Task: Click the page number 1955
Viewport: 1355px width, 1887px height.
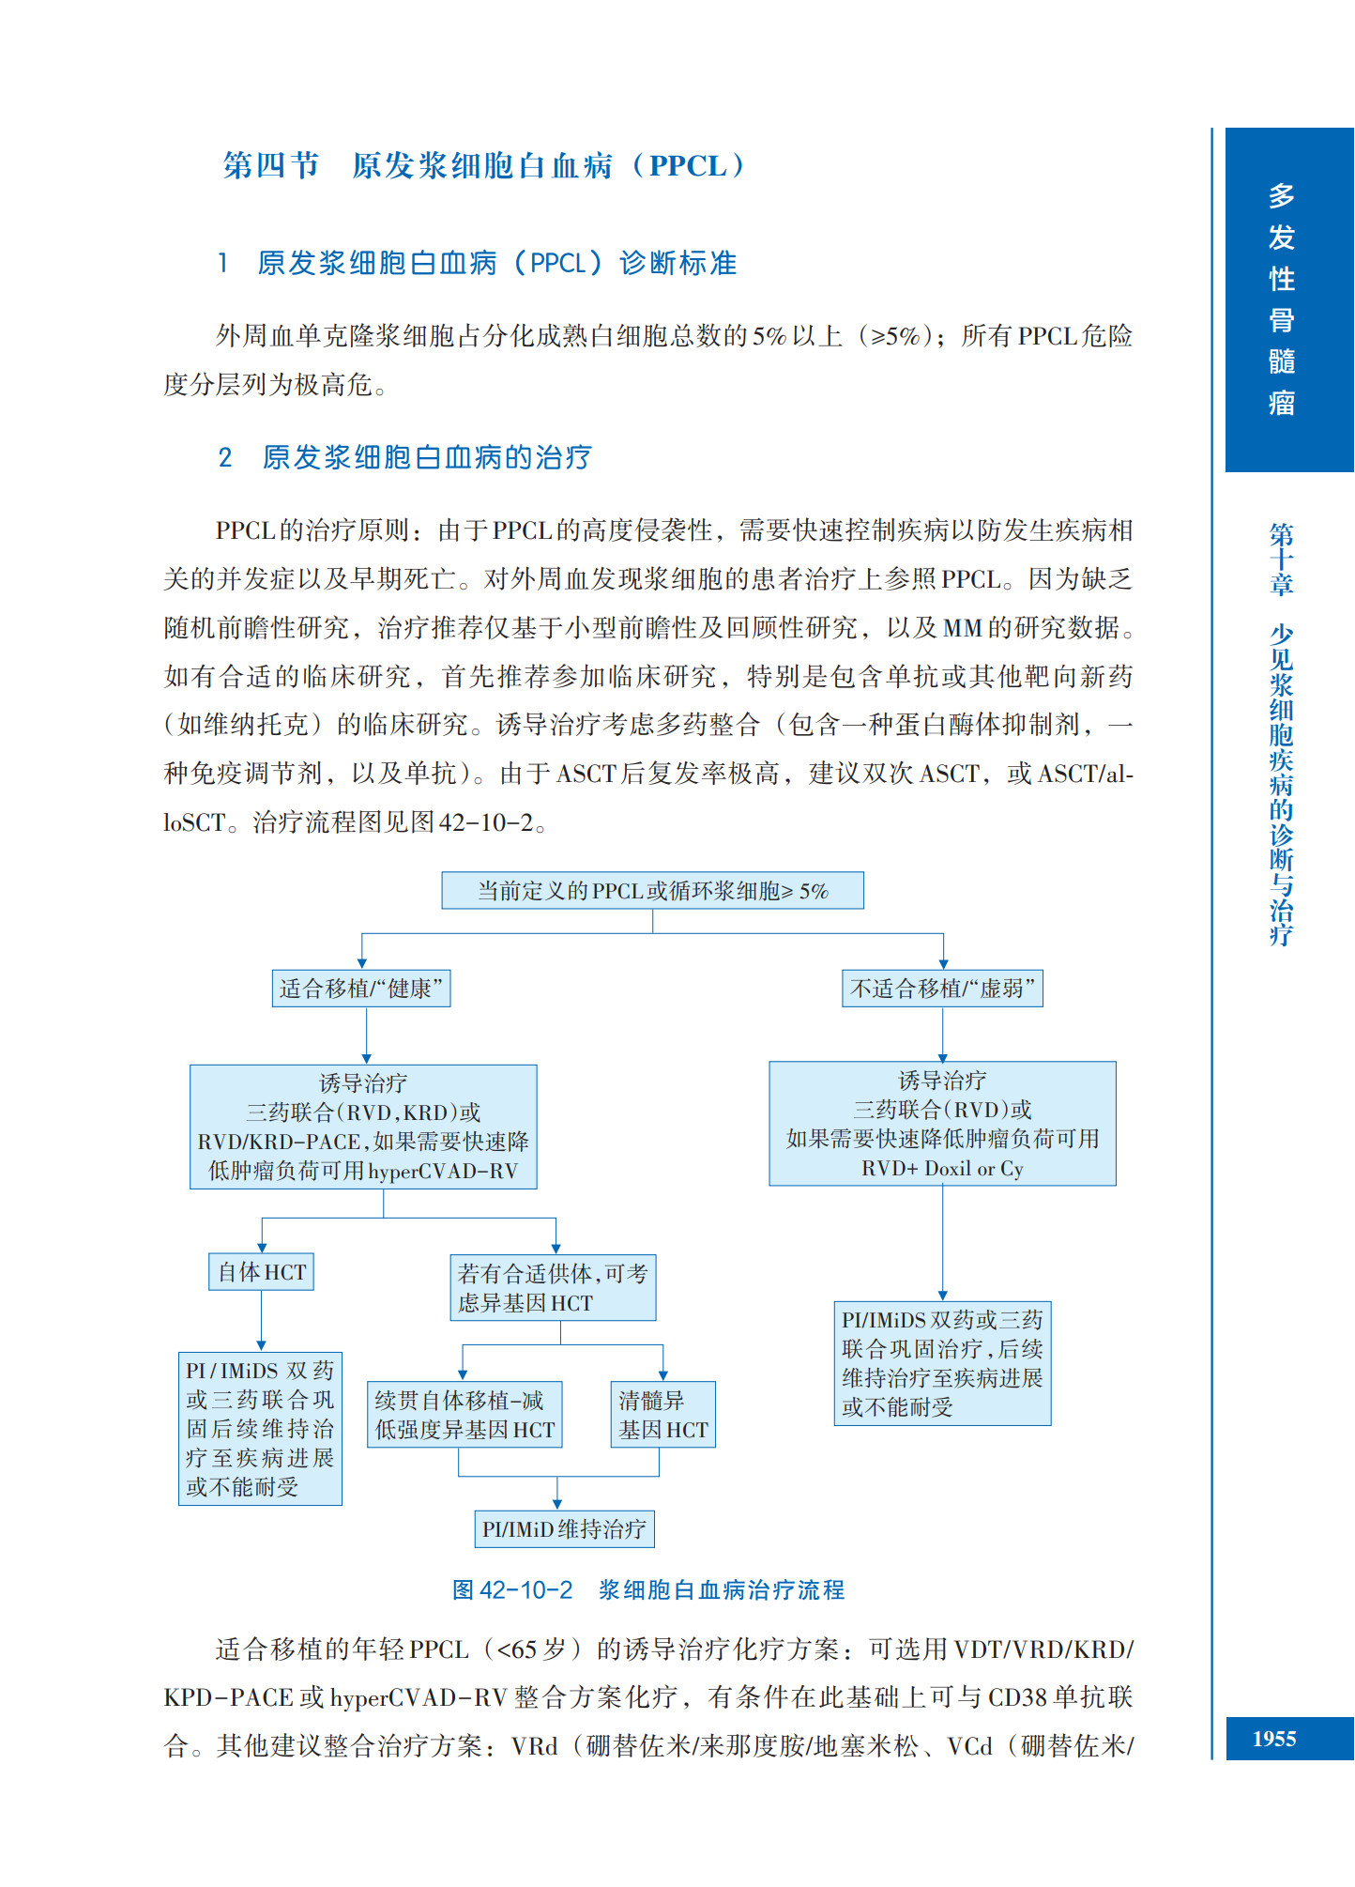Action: (1273, 1739)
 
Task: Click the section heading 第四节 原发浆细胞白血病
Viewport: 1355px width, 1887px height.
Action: (483, 166)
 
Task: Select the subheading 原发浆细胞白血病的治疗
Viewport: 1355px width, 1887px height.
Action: (426, 457)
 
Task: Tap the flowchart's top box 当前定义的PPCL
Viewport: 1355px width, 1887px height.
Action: (652, 890)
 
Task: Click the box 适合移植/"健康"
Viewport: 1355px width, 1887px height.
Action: (360, 989)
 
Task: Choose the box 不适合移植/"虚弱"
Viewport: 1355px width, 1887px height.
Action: (942, 989)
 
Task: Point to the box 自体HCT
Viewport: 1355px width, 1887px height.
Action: (261, 1272)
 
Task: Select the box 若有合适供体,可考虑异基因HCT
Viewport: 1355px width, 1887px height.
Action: (553, 1288)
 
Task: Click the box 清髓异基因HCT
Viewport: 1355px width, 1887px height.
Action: (662, 1415)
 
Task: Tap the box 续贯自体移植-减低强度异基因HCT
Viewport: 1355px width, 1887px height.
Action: (464, 1415)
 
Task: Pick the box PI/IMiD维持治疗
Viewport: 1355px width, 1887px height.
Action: (564, 1529)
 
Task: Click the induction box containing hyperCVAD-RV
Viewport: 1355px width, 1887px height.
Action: (363, 1127)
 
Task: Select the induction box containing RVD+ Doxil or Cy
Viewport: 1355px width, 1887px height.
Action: (942, 1124)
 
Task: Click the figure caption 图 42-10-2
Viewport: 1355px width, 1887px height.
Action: (647, 1589)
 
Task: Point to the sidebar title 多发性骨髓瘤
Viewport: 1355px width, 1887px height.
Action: (1281, 299)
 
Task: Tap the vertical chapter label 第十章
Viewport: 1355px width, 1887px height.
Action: (1281, 560)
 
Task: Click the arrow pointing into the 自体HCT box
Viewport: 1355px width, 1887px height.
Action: (262, 1247)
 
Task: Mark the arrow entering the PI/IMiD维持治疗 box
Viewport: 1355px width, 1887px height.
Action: (557, 1503)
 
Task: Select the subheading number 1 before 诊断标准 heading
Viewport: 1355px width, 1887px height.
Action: (222, 263)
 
